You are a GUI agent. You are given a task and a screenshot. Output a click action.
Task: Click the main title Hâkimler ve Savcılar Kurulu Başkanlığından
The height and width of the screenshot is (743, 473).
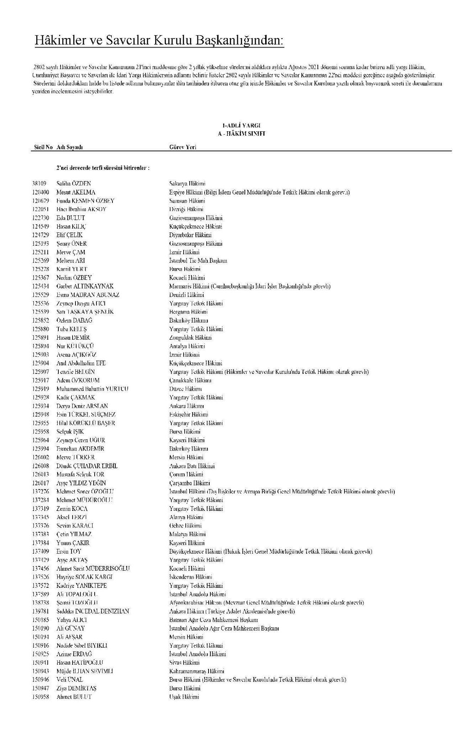pos(159,41)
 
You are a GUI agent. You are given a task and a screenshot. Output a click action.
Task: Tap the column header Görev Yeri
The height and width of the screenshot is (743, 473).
pos(183,147)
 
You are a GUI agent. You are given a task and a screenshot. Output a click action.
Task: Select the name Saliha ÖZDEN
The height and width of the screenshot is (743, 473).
pos(74,184)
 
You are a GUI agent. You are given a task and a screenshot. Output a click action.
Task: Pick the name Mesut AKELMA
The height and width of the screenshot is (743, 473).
pos(76,192)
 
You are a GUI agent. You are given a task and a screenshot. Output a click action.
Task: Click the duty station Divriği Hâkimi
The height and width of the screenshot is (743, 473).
pos(186,209)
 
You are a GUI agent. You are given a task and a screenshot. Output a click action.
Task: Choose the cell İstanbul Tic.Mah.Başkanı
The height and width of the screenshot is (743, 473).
pos(198,261)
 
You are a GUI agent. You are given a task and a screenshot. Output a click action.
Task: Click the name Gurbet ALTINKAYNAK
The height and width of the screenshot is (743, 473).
pos(85,286)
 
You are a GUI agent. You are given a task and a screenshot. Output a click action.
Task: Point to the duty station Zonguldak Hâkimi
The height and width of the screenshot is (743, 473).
pos(190,337)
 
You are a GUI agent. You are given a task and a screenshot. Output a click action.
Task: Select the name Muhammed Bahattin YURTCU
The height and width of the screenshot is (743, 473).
pos(92,389)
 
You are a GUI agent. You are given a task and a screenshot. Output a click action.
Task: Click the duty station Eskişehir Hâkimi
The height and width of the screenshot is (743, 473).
pos(189,414)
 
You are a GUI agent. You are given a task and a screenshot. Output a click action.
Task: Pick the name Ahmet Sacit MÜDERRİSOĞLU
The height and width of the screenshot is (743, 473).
pos(93,568)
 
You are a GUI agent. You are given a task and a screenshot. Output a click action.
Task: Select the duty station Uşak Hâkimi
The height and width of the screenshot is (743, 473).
pos(184,697)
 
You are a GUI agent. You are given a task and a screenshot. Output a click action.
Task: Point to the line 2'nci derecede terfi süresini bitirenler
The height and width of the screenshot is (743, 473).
pos(103,168)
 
